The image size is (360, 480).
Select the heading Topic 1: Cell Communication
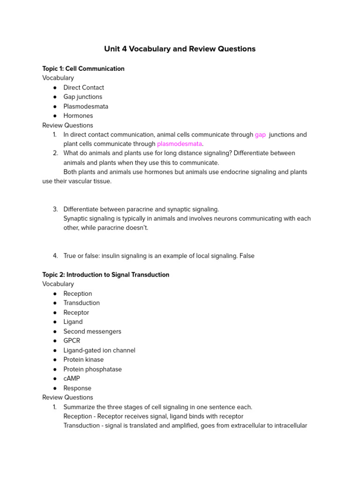(83, 68)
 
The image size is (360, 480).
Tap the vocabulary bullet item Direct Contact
(83, 88)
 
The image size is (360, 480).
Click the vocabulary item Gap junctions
(82, 97)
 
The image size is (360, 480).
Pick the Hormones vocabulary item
(78, 116)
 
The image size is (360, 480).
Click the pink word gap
(260, 135)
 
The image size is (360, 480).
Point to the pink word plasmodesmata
(180, 144)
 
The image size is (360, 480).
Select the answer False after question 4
(247, 256)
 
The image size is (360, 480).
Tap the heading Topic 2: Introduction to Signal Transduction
(105, 275)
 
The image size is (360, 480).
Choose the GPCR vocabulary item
(72, 341)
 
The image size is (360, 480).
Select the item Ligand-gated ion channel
(99, 350)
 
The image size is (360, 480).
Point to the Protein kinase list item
(83, 360)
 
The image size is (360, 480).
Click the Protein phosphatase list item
(92, 369)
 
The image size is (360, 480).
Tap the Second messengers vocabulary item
(92, 331)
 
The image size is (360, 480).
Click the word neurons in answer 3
(222, 218)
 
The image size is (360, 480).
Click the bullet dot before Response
(55, 388)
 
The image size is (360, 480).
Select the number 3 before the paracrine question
(55, 209)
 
